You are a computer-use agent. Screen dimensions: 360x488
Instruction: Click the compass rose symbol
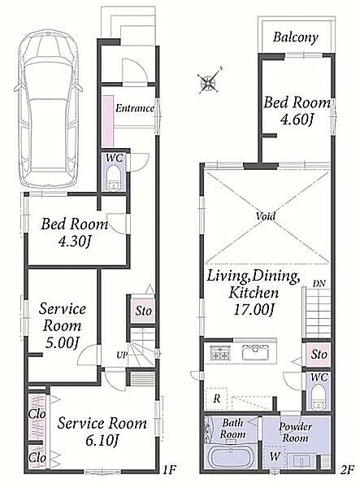208,81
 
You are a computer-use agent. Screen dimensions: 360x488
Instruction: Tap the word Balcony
296,37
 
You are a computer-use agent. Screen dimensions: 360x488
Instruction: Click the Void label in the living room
266,216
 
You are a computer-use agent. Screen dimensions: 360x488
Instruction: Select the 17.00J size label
254,310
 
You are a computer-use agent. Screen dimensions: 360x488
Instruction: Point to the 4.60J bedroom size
296,120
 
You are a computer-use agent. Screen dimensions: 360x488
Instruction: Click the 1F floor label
170,468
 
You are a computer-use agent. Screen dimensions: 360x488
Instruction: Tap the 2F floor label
347,468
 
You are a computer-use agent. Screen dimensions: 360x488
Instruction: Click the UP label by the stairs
122,355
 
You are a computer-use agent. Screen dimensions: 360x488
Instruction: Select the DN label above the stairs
319,283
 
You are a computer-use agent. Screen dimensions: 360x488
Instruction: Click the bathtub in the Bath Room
230,457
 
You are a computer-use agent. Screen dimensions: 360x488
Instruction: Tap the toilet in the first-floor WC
113,179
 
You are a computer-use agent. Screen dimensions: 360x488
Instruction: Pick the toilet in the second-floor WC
319,397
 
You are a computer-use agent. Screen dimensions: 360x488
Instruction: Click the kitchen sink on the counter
255,352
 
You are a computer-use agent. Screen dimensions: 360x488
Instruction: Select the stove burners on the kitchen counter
221,353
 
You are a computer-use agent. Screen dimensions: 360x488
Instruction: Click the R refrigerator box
216,399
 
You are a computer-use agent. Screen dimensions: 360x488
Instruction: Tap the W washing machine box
275,456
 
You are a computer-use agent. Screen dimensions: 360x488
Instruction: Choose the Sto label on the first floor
143,311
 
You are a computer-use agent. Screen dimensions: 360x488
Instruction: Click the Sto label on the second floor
319,354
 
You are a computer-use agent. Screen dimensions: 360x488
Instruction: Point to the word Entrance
135,108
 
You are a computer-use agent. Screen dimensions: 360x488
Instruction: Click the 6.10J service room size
102,441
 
